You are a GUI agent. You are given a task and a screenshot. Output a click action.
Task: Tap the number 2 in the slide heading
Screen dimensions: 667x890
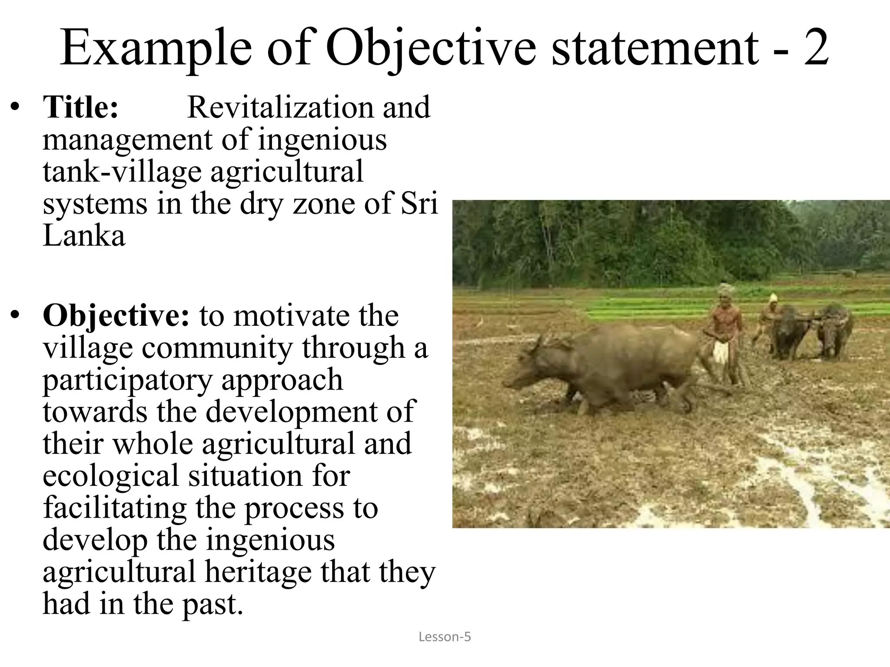pos(816,49)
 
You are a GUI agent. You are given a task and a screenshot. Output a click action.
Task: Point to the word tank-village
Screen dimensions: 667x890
pos(122,172)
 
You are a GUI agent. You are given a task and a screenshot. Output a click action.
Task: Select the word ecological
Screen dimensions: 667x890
pos(111,475)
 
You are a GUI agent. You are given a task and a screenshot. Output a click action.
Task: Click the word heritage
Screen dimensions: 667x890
pos(258,572)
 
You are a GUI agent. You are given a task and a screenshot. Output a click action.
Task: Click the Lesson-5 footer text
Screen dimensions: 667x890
pos(445,637)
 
